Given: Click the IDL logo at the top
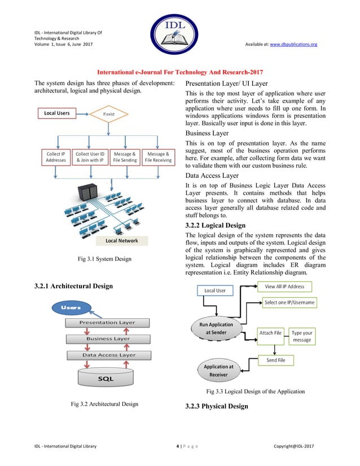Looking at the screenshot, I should [179, 36].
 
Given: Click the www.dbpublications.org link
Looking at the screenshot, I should [294, 44].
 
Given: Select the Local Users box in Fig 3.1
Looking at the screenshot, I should [57, 113].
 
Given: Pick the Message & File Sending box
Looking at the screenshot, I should [124, 157].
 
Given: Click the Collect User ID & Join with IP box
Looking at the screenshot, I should [90, 157].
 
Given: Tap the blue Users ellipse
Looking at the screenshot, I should [71, 307].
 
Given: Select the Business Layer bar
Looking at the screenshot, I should [108, 338].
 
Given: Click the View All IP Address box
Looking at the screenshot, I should [284, 287].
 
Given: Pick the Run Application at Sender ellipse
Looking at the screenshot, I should [216, 329].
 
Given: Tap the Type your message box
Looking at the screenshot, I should [302, 336].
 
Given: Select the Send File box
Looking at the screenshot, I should [276, 360].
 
